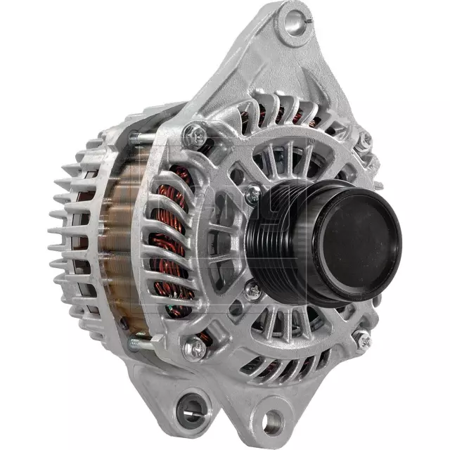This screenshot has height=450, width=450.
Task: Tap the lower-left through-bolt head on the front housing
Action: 194,347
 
